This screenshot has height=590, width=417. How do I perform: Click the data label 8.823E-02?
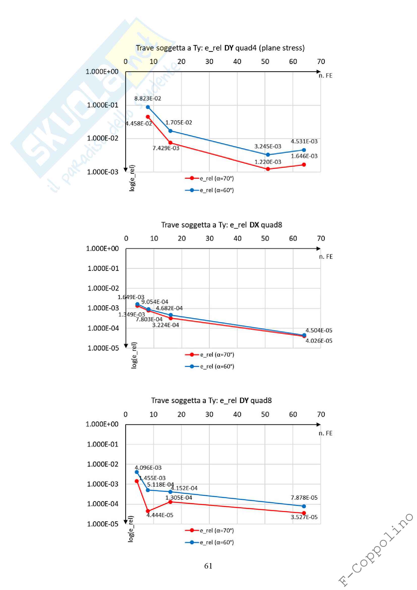click(148, 98)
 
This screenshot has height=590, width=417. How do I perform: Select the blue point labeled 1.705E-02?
click(170, 131)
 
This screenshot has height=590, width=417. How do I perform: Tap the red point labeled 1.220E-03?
click(268, 169)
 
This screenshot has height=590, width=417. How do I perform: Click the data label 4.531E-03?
click(304, 141)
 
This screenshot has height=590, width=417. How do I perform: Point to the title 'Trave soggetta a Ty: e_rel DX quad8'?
click(221, 225)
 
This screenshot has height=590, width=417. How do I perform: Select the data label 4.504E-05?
click(319, 330)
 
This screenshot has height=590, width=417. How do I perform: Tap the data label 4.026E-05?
click(319, 341)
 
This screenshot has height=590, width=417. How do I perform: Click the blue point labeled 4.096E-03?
click(137, 472)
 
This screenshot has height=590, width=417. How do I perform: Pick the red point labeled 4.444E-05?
click(148, 511)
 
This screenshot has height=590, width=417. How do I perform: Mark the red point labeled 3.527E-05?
click(304, 513)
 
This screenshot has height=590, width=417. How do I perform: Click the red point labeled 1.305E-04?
click(170, 502)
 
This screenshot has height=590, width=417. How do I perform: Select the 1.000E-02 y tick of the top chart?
click(102, 138)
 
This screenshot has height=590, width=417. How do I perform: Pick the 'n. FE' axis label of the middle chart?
click(325, 257)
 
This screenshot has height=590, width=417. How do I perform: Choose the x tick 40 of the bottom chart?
click(237, 414)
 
